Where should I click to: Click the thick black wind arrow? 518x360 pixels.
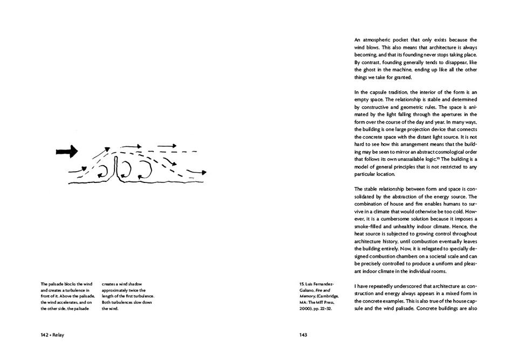pos(67,152)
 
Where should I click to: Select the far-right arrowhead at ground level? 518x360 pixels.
pos(203,173)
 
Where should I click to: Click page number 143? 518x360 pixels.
pos(303,335)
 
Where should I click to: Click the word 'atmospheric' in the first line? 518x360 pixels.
pos(378,40)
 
